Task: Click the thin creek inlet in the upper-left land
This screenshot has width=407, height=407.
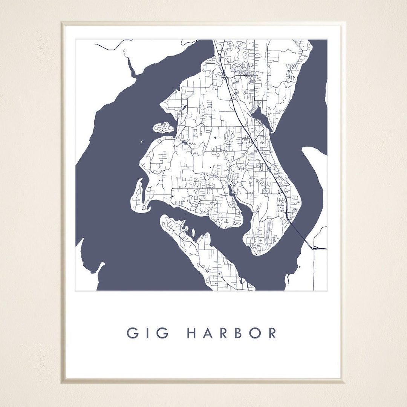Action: point(130,68)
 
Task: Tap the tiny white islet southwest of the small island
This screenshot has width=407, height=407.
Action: point(141,142)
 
